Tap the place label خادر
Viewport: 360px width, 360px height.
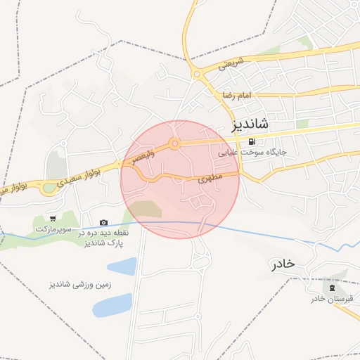click(283, 264)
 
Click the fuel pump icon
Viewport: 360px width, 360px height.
click(252, 141)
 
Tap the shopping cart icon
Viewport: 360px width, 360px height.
click(53, 219)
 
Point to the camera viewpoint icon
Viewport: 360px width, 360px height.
click(104, 222)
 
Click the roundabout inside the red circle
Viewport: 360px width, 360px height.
click(174, 144)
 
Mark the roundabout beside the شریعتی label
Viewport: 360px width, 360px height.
click(198, 73)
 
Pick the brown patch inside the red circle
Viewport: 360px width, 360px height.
click(146, 209)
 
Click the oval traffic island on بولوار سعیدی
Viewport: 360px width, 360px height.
click(49, 188)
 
